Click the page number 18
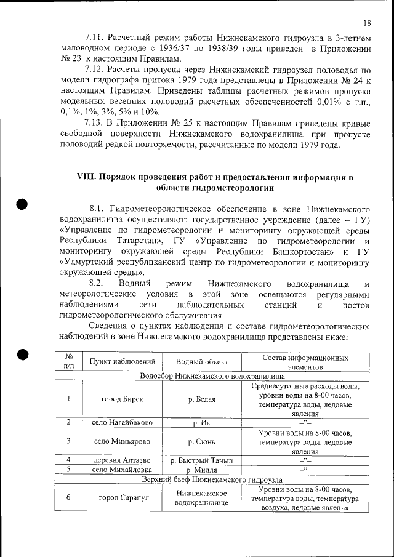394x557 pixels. pyautogui.click(x=367, y=23)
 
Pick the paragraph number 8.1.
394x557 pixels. pyautogui.click(x=100, y=207)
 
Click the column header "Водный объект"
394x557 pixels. pyautogui.click(x=202, y=362)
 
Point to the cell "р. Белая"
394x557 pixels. pyautogui.click(x=202, y=399)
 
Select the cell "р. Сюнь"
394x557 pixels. pyautogui.click(x=202, y=441)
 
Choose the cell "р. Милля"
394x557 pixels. pyautogui.click(x=202, y=470)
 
